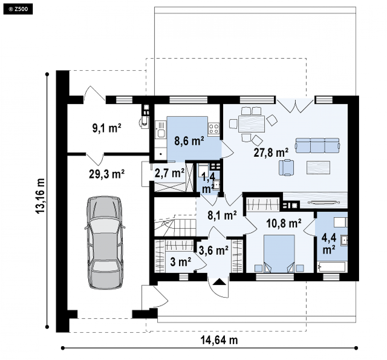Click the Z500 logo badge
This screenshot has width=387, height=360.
pos(18,9)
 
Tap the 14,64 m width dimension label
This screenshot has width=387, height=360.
pos(219,340)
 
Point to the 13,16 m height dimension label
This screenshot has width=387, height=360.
pos(40,196)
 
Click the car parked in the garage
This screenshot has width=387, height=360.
pos(105,242)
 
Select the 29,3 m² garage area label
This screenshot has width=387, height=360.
pos(107,174)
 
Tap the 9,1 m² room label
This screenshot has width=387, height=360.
pos(107,128)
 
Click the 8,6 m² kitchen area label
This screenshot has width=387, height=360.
pos(189,141)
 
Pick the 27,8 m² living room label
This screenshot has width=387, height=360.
pos(271,153)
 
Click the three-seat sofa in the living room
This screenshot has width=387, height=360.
pos(318,145)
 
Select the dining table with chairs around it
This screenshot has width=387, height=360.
pos(252,124)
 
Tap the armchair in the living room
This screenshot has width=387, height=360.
pos(286,168)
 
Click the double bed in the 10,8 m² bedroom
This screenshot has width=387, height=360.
pos(279,254)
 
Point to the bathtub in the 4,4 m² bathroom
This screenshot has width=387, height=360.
pos(332,267)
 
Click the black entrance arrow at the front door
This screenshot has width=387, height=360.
pos(219,282)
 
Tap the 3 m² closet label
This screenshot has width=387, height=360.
pos(181,262)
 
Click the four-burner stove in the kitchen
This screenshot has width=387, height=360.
pos(214,128)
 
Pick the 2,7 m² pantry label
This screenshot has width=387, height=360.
pos(170,173)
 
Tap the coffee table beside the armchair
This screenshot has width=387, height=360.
pos(318,167)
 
